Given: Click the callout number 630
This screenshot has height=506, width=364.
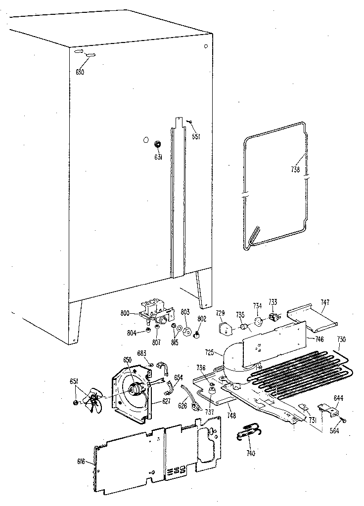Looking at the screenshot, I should [x=80, y=72].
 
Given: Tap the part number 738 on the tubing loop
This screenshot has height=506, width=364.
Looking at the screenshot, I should [x=295, y=168].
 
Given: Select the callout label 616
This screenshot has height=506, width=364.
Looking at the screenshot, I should [x=82, y=462].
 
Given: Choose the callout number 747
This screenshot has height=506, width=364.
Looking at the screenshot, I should [x=324, y=302].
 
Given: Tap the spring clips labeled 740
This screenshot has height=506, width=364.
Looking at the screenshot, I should [x=249, y=431].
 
